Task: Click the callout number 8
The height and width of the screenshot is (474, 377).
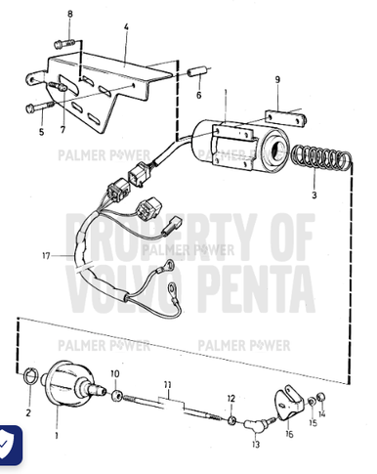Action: [x=69, y=15]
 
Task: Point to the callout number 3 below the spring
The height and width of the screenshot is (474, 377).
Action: [x=314, y=195]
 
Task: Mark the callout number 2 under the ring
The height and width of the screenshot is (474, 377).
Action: [x=27, y=412]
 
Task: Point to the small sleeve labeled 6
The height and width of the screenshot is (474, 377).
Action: [x=196, y=76]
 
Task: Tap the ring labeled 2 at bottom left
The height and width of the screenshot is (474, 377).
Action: [x=30, y=377]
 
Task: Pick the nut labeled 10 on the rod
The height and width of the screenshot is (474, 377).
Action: [x=118, y=396]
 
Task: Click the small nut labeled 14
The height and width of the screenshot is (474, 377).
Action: [x=321, y=397]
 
